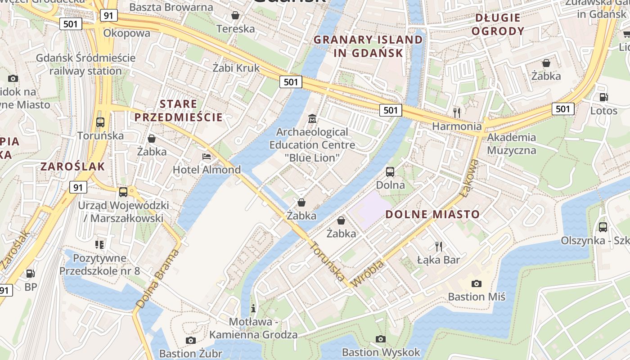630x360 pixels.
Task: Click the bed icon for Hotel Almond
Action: point(207,157)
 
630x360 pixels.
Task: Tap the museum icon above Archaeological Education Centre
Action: point(312,119)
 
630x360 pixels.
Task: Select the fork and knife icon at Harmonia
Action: point(457,112)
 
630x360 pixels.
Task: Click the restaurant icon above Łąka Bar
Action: point(439,246)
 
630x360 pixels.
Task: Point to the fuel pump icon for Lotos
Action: point(603,97)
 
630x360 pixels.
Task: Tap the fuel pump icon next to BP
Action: point(30,273)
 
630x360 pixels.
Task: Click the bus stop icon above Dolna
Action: point(390,171)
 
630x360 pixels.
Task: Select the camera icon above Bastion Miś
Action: point(476,283)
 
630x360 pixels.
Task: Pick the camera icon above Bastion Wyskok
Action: point(381,339)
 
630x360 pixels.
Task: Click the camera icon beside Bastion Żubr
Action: point(191,340)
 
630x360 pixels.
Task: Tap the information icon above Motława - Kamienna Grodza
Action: point(253,308)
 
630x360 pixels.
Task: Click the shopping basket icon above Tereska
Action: point(235,16)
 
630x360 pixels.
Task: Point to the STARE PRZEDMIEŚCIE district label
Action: point(178,111)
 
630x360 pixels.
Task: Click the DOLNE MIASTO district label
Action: point(432,214)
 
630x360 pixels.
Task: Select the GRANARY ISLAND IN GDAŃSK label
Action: point(368,46)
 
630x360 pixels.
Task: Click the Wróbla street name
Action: point(369,273)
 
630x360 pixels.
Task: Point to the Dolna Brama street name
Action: point(157,279)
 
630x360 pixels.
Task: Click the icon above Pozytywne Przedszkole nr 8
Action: point(99,245)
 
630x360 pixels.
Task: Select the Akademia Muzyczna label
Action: point(511,144)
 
